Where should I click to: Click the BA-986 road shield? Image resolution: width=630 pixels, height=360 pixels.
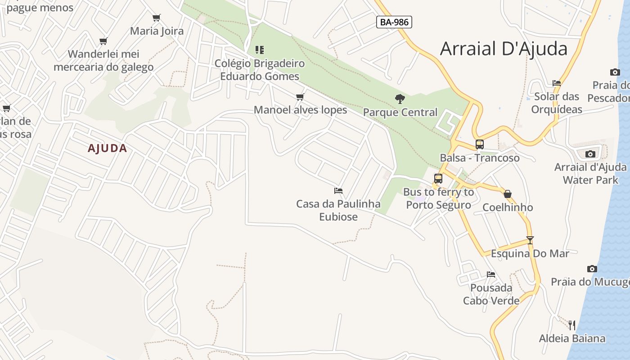[394, 22]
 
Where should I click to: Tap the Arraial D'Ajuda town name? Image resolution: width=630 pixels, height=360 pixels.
[504, 49]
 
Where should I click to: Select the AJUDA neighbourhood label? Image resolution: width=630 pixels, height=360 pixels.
[108, 148]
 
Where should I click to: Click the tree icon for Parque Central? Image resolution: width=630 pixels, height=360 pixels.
[400, 99]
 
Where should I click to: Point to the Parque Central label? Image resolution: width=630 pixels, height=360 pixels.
[400, 112]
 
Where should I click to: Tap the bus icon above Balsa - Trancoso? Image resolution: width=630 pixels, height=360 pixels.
[480, 144]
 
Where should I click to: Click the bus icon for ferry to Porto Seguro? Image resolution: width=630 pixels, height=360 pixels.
[438, 179]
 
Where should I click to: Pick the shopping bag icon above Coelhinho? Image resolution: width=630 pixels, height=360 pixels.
[508, 194]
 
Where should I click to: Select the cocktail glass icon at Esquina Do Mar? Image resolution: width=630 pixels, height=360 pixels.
[530, 240]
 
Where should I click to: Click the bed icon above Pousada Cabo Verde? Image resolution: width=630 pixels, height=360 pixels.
[491, 274]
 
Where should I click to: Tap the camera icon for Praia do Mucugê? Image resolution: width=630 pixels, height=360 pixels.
[592, 269]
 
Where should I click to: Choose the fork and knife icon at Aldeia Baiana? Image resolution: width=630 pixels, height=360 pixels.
[572, 325]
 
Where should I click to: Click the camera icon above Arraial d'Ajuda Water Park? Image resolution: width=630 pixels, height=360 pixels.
[590, 154]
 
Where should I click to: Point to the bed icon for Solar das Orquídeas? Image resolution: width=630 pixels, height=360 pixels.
[557, 83]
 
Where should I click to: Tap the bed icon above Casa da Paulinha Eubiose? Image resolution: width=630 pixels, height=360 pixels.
[338, 191]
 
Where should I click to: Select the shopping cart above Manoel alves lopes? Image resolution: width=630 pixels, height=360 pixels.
[300, 97]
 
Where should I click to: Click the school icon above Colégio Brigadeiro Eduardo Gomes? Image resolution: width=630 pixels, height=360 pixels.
[260, 49]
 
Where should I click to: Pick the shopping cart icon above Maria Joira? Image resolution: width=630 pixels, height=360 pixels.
[157, 18]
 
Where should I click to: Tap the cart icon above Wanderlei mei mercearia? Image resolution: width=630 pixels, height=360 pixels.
[103, 41]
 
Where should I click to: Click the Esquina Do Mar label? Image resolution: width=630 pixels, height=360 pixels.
[530, 253]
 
